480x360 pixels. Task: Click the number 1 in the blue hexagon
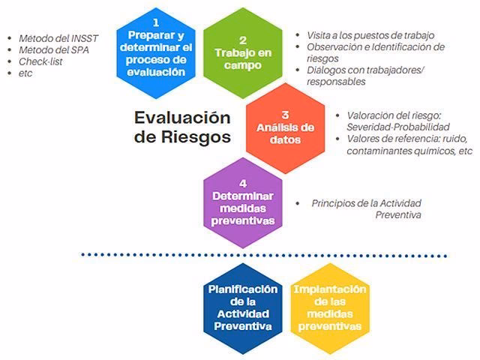(x=156, y=22)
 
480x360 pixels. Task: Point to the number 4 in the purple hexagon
(x=242, y=183)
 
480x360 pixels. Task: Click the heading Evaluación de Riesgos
(x=181, y=127)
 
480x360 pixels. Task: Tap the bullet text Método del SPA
(x=49, y=50)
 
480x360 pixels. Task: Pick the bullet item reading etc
(x=25, y=73)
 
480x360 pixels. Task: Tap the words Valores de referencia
(x=382, y=139)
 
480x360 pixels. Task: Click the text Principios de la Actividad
(x=367, y=203)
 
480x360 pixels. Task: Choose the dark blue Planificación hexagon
(x=242, y=308)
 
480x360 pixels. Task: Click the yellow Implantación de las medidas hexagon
(x=329, y=308)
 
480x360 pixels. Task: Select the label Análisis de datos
(x=285, y=133)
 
